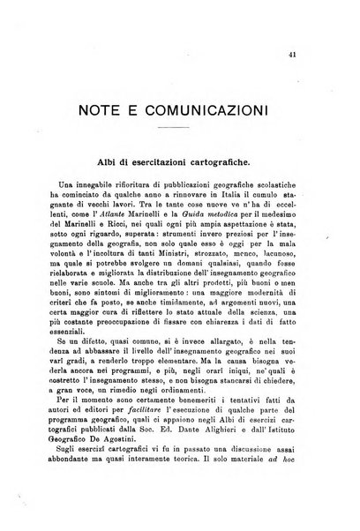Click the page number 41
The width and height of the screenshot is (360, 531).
pyautogui.click(x=315, y=55)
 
